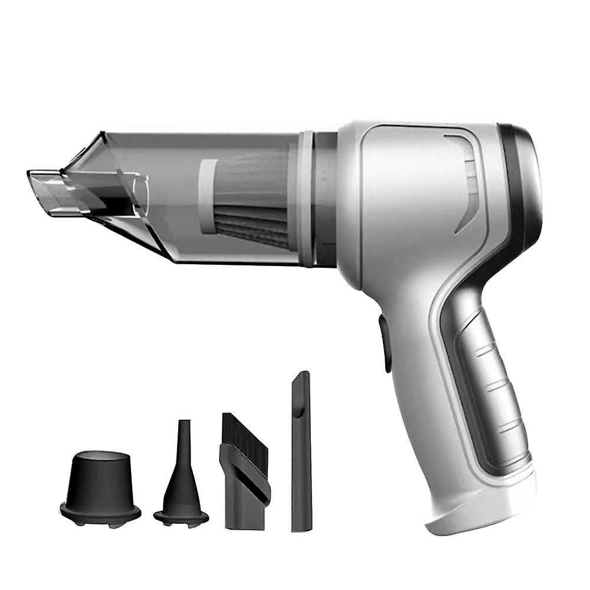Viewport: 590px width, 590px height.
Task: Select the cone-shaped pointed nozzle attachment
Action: [181, 484]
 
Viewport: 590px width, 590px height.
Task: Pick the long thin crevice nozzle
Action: [300, 454]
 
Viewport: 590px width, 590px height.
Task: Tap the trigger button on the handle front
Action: [386, 342]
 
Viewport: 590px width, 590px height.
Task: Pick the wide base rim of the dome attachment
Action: [100, 511]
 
